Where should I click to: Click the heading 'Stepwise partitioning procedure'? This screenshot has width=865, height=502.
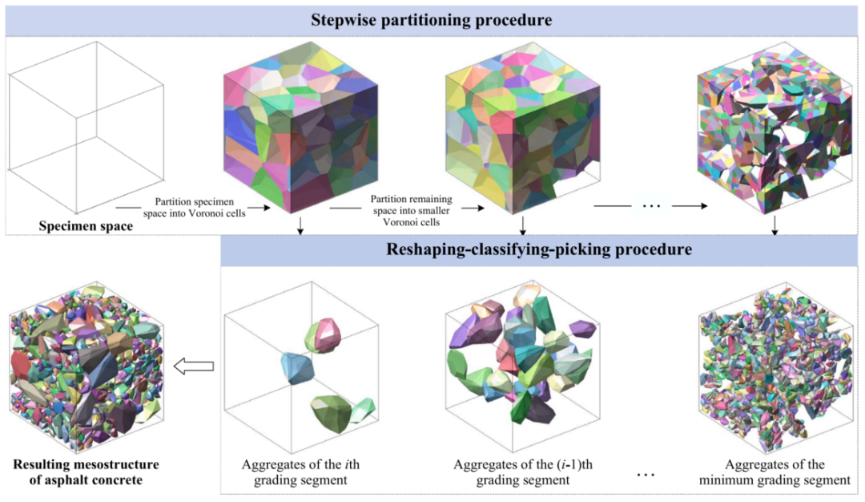[432, 20]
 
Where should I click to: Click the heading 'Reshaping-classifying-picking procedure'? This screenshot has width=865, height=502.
[539, 249]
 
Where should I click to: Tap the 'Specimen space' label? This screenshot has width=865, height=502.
[86, 226]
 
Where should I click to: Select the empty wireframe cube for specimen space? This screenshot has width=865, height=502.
[86, 128]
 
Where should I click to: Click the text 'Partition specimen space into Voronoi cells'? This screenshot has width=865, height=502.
[194, 207]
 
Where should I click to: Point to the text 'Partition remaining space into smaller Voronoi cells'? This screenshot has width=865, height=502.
[412, 210]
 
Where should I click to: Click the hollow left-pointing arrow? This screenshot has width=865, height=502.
[194, 366]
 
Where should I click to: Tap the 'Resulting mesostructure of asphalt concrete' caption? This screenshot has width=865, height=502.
[86, 472]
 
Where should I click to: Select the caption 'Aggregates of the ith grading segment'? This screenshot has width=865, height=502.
[300, 472]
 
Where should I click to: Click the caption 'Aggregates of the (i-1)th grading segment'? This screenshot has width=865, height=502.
[523, 472]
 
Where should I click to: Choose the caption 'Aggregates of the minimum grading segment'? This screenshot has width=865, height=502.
[774, 472]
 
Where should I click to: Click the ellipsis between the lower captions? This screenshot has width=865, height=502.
[646, 475]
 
